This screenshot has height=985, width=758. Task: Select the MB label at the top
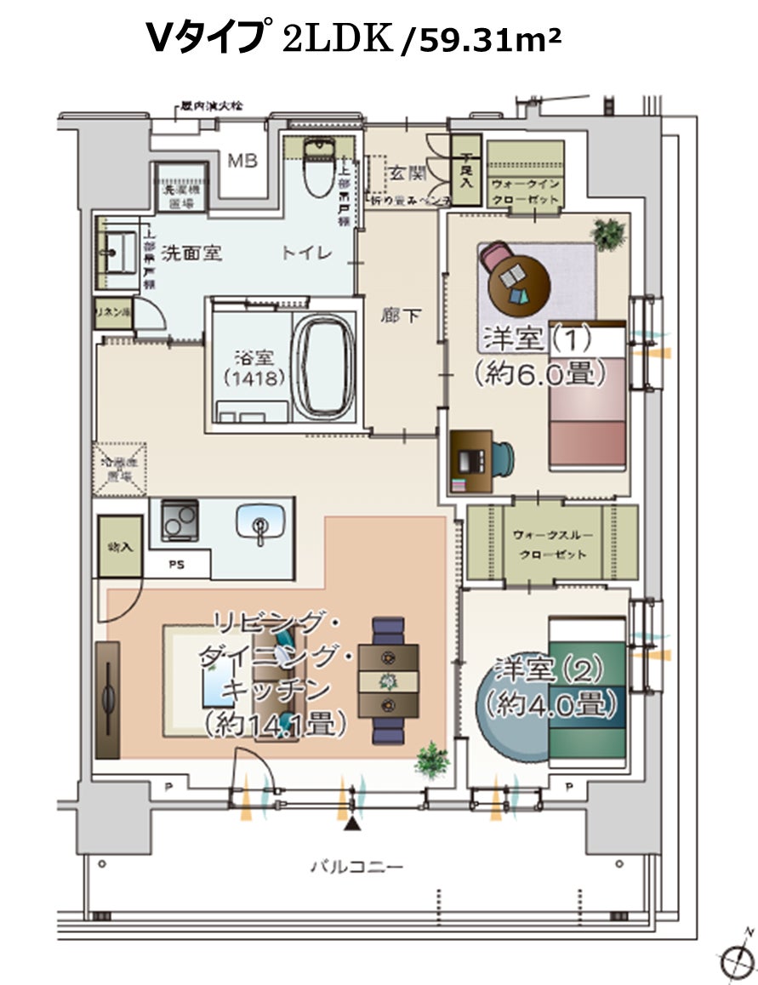coord(242,161)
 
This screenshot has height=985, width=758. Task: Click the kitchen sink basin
coord(259,523)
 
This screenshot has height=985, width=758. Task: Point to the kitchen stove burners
coord(180,520)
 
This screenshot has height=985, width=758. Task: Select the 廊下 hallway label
coord(401,316)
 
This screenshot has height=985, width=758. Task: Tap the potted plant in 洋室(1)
coord(608,231)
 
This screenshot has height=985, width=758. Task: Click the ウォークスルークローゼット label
coord(552,544)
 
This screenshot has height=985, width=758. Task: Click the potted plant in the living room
coord(433,760)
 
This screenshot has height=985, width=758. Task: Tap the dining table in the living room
coord(389,680)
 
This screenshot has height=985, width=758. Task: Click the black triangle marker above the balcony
coord(351,824)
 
